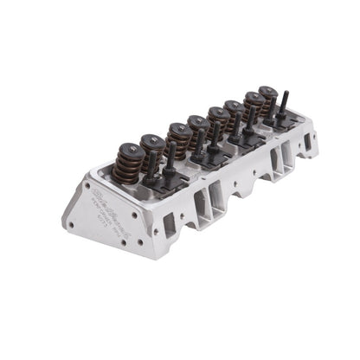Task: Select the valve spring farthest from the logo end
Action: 267,102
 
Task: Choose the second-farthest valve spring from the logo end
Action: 253,108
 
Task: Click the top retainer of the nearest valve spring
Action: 126,149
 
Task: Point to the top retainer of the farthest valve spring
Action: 267,90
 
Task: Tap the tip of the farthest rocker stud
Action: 283,94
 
